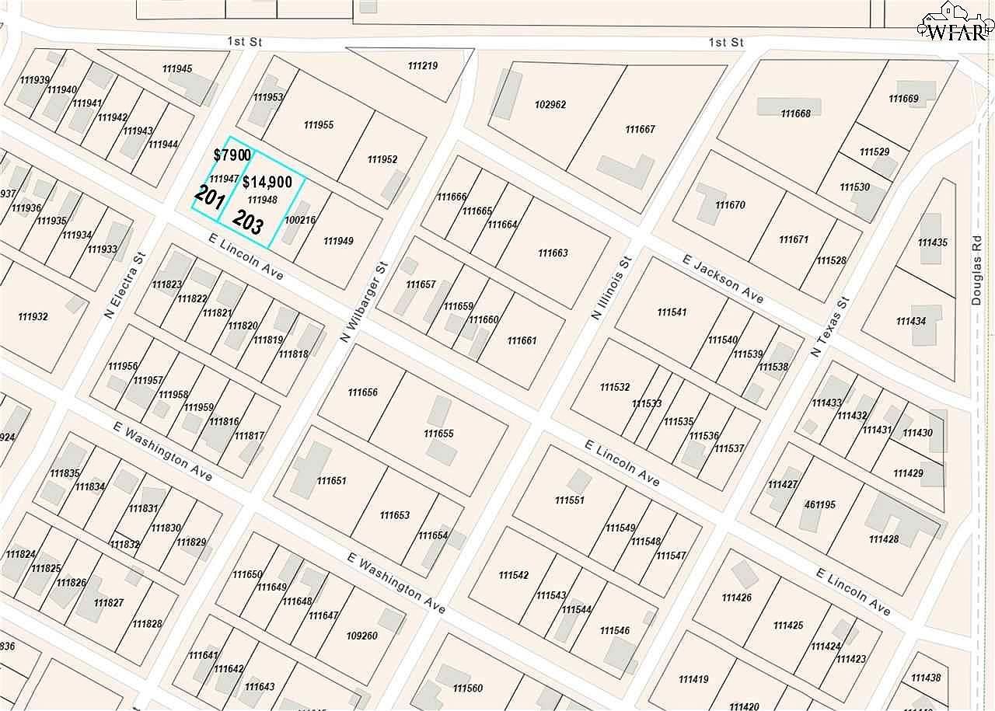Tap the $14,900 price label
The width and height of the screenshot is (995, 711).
(x=267, y=183)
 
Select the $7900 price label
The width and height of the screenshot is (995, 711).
(x=232, y=155)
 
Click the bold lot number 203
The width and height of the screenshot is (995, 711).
(x=247, y=223)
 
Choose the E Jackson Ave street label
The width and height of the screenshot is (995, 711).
(x=723, y=278)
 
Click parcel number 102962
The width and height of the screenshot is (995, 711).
(x=550, y=105)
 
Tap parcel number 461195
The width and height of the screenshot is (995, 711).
(x=820, y=505)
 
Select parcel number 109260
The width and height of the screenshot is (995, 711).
(x=361, y=636)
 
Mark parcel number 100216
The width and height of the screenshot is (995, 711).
(x=300, y=221)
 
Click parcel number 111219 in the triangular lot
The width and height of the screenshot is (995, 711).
(x=422, y=66)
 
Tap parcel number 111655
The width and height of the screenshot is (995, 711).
(x=438, y=434)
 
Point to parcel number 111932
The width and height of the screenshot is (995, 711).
(x=33, y=317)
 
